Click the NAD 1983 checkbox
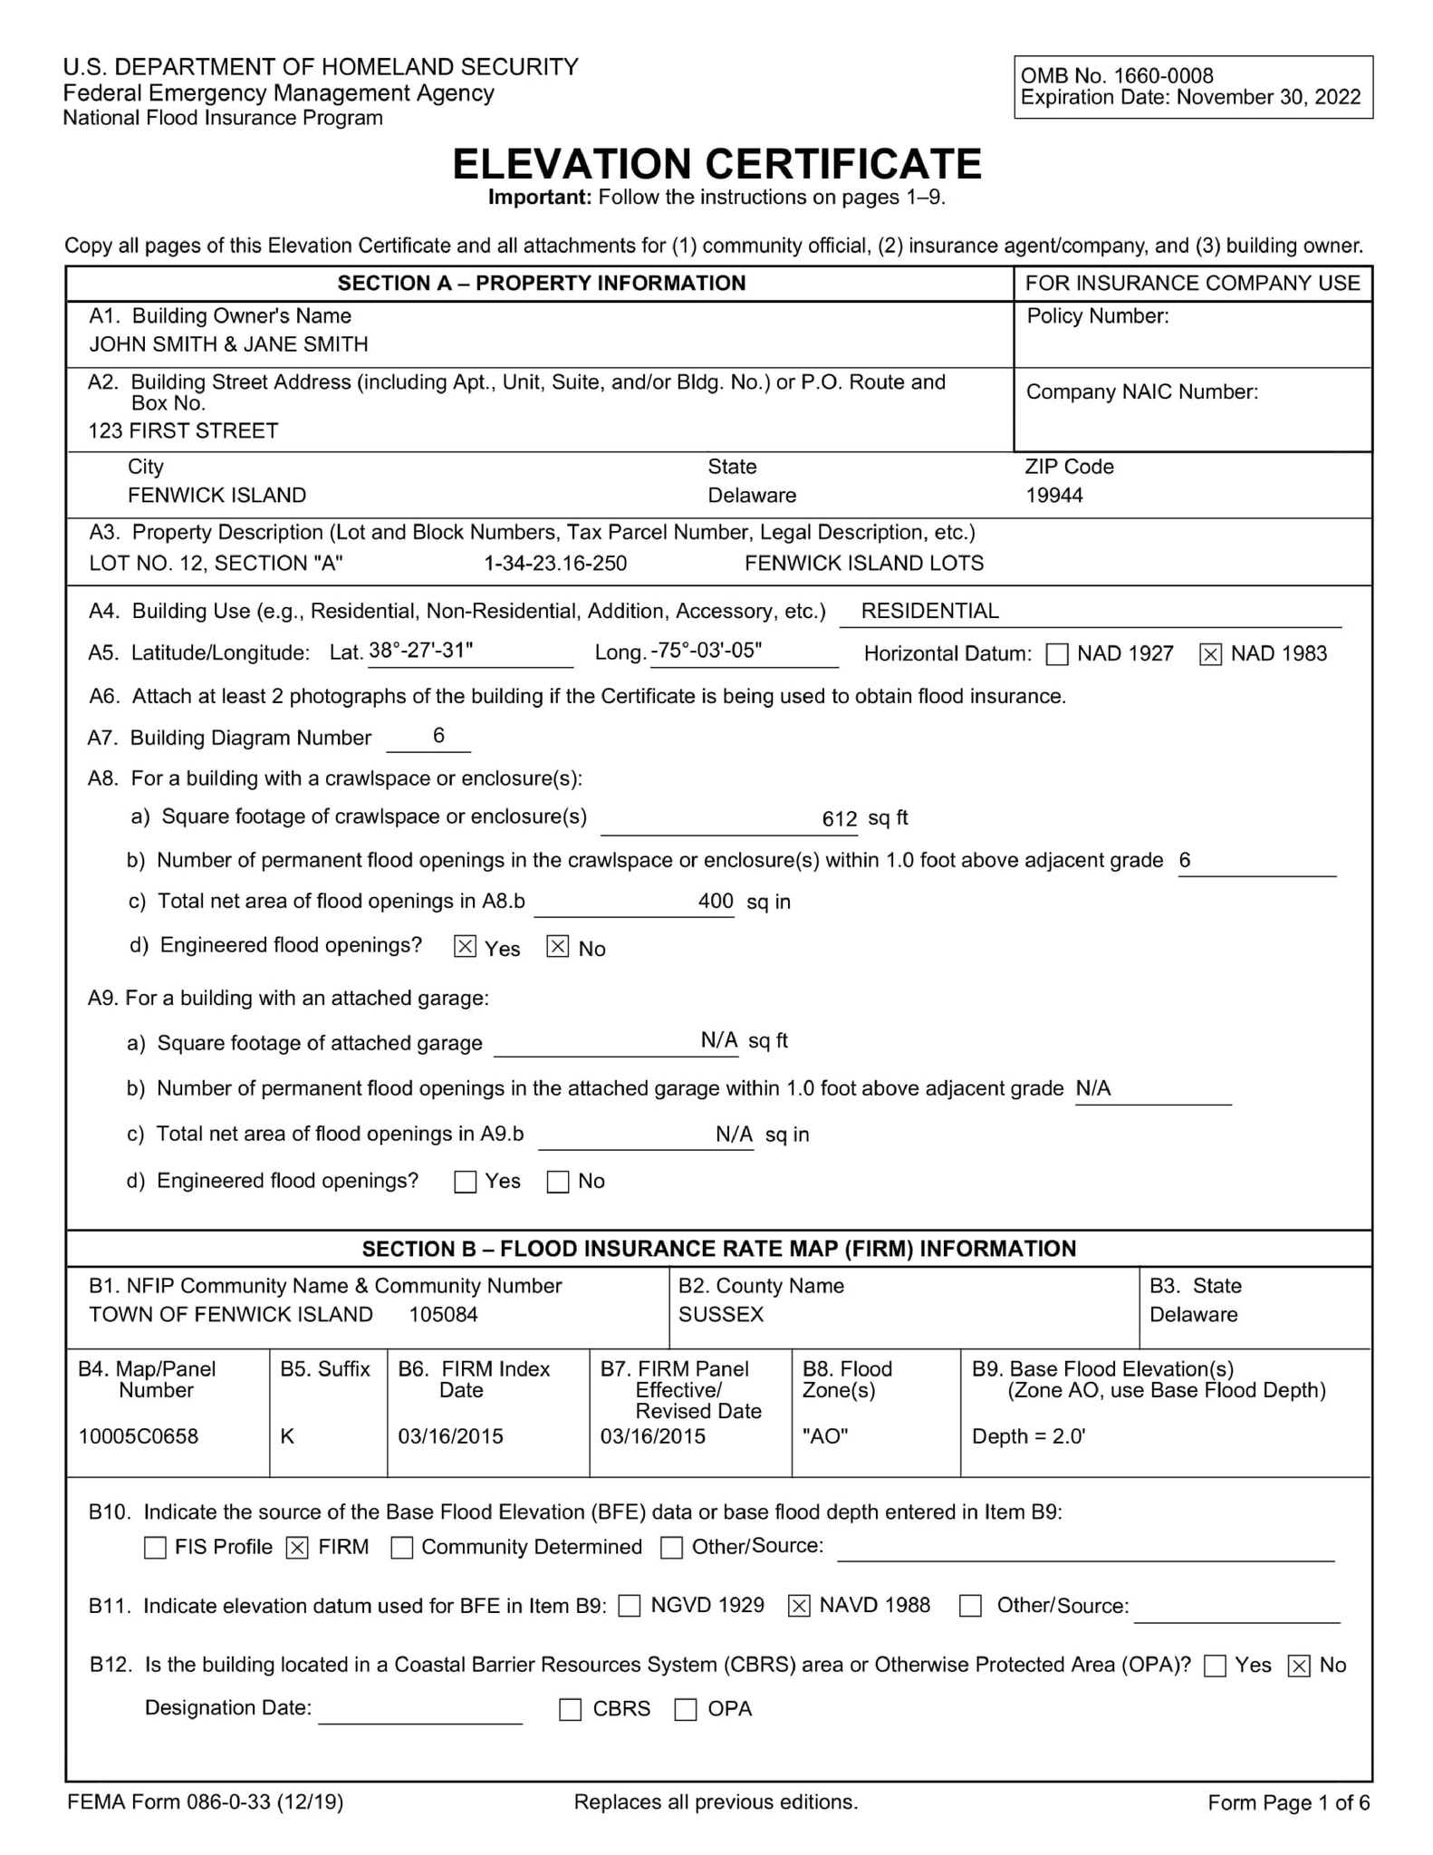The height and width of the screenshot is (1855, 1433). (1209, 654)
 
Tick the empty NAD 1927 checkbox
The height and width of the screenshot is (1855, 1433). (1057, 654)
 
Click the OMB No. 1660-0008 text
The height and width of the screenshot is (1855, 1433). (1116, 76)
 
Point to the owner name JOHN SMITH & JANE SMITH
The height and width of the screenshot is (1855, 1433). (228, 344)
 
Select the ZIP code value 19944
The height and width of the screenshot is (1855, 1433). (1053, 496)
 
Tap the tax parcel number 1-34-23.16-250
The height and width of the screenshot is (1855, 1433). (555, 564)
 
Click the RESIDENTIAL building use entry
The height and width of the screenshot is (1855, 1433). (929, 612)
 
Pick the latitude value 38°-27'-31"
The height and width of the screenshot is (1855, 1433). (420, 651)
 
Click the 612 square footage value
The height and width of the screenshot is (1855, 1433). (839, 819)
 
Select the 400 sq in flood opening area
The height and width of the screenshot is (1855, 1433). (716, 902)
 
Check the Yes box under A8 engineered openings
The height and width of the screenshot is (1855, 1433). (465, 947)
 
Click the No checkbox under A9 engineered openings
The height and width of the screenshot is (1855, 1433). (558, 1182)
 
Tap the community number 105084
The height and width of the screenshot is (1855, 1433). (443, 1315)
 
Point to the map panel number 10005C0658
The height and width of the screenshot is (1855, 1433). (138, 1436)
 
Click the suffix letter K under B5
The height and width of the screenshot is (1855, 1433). (287, 1436)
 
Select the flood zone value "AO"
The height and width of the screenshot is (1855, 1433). (825, 1436)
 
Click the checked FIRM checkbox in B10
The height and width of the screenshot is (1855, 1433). (297, 1548)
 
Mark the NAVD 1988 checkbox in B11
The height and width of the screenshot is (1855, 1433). (798, 1606)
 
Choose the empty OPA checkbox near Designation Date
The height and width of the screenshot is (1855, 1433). (686, 1709)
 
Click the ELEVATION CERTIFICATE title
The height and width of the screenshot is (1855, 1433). (716, 164)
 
